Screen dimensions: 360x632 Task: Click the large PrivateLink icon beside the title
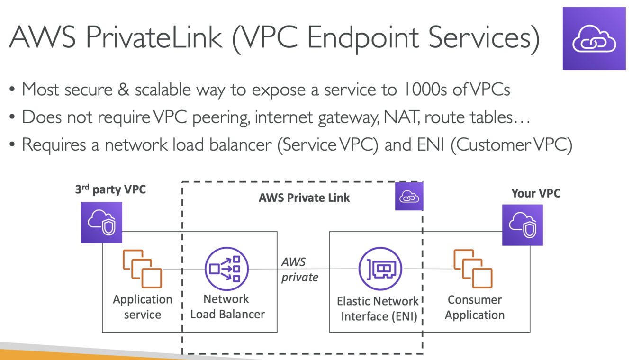coord(594,38)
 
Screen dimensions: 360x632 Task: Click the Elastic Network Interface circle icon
coord(380,269)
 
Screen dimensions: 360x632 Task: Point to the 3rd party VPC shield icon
coord(101,223)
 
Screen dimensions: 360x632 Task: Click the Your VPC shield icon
coord(522,225)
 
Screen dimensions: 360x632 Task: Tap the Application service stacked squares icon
coord(142,269)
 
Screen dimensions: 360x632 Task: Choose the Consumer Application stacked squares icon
coord(473,269)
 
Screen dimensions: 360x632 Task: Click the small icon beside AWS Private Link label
coord(409,197)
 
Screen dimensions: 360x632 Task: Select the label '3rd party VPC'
coord(110,190)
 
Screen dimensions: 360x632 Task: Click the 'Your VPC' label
coord(536,193)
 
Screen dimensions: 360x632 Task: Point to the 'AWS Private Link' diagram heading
coord(304,198)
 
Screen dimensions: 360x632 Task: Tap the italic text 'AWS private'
coord(299,269)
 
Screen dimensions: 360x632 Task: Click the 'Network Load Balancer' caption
coord(227,306)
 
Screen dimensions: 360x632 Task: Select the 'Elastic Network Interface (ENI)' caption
coord(378,308)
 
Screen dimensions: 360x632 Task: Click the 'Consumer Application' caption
coord(474,307)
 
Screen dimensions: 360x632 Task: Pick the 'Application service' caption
coord(142,307)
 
